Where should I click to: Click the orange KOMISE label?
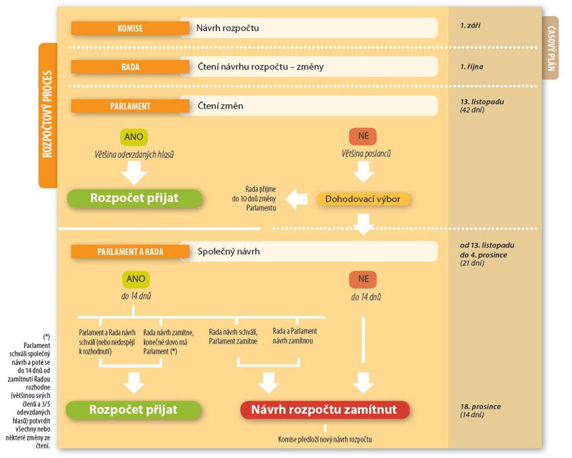point(131,28)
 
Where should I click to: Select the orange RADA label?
point(131,67)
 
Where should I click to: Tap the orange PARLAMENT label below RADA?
point(131,106)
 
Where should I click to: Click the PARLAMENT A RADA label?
point(131,252)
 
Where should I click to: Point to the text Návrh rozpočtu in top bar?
point(228,28)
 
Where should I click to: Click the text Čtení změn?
point(220,106)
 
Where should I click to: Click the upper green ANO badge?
point(134,137)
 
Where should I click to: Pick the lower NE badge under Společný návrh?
point(363,279)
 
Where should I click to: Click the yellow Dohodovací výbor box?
point(363,199)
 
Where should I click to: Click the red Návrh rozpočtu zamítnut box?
point(324,409)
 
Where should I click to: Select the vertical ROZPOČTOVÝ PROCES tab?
point(48,115)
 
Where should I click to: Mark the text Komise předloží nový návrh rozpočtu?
point(325,440)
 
